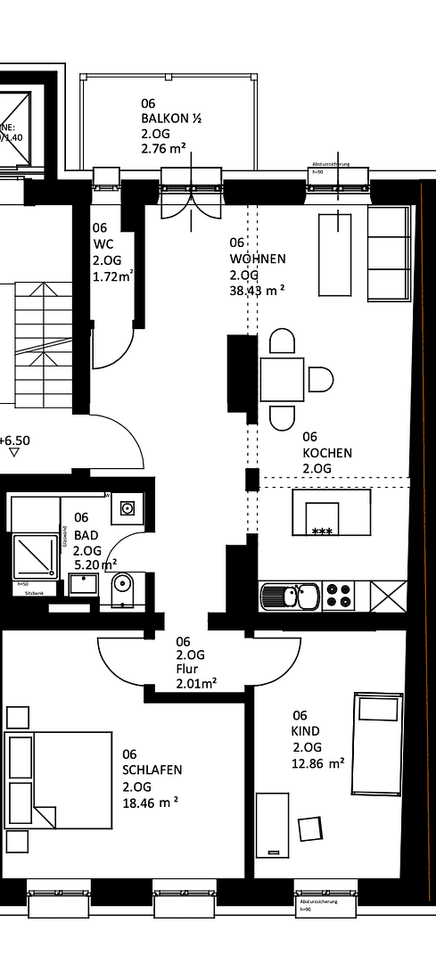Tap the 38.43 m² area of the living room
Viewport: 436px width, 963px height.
coord(257,291)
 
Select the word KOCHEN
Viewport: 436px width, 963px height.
coord(326,453)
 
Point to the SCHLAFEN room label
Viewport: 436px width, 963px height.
coord(152,770)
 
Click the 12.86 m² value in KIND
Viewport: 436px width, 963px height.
coord(318,764)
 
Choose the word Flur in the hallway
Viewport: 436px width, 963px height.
coord(187,669)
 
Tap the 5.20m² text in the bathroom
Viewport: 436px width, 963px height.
coord(95,565)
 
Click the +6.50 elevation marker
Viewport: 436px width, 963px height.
coord(15,440)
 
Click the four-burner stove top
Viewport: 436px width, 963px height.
coord(338,595)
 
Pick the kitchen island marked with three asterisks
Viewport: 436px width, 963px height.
coord(331,513)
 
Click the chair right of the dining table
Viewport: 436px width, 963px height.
coord(320,380)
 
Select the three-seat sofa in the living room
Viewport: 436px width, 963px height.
coord(389,253)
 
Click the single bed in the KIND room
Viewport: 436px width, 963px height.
coord(375,744)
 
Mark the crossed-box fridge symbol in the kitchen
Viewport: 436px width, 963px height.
coord(389,595)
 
